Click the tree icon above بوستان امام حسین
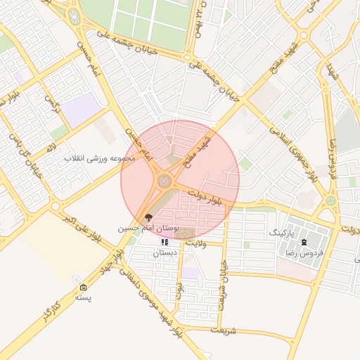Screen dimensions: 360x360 point(148,218)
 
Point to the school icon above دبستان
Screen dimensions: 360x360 point(165,243)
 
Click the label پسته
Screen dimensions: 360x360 point(84,297)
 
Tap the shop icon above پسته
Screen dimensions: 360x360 point(84,288)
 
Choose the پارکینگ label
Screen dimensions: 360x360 point(283,231)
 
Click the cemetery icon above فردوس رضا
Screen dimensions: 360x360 point(304,243)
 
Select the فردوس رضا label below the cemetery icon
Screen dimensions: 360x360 point(305,252)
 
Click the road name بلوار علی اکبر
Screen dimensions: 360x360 point(88,225)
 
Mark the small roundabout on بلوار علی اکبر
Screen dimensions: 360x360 point(56,206)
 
